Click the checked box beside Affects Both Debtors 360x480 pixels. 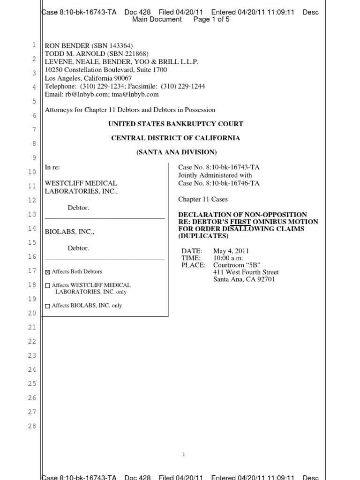point(47,272)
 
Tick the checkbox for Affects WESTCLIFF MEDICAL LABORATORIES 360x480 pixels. point(47,285)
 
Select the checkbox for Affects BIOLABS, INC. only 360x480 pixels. point(47,306)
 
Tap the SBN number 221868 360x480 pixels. point(120,54)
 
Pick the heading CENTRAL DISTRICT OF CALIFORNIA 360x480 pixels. point(175,138)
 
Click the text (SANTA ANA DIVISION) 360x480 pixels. point(176,152)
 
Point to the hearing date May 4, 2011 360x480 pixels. point(231,251)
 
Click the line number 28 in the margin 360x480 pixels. point(32,427)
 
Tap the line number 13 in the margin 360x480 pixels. point(32,214)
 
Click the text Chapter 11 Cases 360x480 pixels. point(203,199)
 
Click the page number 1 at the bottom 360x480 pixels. point(183,454)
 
